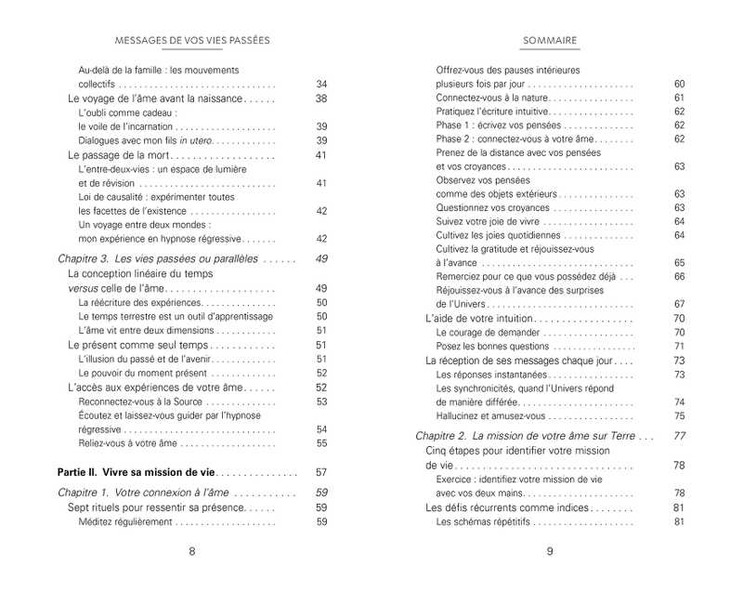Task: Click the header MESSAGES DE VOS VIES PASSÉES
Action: click(192, 41)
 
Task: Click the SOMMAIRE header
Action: click(550, 41)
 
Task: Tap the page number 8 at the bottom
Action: click(192, 551)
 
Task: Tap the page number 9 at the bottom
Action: click(550, 551)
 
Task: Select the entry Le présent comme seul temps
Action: click(125, 345)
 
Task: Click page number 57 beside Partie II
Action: click(322, 472)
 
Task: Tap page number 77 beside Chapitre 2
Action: click(679, 435)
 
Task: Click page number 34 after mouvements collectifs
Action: click(322, 84)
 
